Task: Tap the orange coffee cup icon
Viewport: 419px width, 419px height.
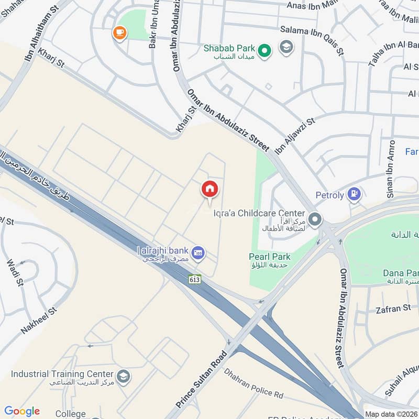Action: (x=120, y=33)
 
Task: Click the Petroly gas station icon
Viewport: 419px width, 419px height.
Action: (x=355, y=195)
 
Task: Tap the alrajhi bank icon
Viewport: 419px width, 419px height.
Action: (x=198, y=253)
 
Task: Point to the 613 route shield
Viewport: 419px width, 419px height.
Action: (x=195, y=279)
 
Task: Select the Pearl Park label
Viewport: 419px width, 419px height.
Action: (x=270, y=257)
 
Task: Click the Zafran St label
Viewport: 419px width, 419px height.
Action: (x=393, y=309)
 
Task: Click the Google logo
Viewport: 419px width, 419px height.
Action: (x=22, y=411)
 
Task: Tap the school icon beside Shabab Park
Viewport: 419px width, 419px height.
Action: (x=286, y=47)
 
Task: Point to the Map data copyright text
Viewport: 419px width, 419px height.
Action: (x=391, y=414)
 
